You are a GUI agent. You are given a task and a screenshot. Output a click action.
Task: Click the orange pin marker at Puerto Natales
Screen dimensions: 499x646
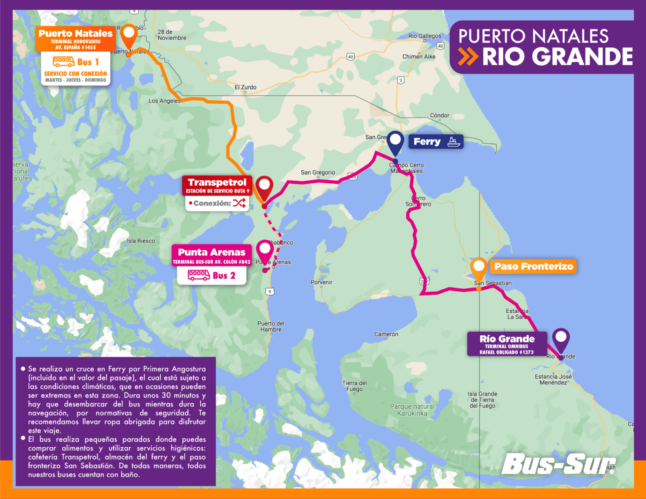(x=129, y=34)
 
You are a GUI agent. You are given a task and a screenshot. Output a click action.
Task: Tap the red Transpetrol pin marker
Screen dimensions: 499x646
(x=264, y=186)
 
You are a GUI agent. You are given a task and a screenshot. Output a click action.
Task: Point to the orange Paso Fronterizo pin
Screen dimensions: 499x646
(x=478, y=268)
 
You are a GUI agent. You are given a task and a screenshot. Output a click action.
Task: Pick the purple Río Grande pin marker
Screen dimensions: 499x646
(x=561, y=338)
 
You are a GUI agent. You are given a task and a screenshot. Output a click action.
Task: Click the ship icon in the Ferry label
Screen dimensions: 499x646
(x=453, y=142)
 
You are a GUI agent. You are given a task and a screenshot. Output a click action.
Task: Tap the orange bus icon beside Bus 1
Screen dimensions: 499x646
(x=64, y=62)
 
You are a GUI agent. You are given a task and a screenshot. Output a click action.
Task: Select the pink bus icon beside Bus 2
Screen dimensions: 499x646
(x=199, y=275)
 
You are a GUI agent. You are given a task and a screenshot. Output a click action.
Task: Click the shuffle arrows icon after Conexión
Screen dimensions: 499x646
(x=239, y=203)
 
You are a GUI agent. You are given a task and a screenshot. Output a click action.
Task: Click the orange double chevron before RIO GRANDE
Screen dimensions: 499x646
(x=468, y=57)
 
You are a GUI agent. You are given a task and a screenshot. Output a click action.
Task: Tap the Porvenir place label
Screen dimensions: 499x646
(x=321, y=282)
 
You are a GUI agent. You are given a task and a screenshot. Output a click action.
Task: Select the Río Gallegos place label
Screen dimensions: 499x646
(x=424, y=36)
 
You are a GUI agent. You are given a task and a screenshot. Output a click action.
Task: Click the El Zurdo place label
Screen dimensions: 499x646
(x=246, y=87)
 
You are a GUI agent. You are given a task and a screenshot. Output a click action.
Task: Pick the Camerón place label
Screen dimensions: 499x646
(x=386, y=334)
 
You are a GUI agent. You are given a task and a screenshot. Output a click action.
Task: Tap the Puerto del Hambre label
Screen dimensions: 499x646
(x=271, y=326)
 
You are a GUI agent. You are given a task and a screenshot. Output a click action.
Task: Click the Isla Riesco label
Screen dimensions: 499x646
(x=141, y=241)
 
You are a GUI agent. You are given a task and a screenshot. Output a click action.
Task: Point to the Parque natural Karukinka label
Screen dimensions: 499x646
(x=412, y=410)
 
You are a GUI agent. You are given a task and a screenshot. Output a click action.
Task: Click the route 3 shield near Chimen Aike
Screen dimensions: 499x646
(x=401, y=80)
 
